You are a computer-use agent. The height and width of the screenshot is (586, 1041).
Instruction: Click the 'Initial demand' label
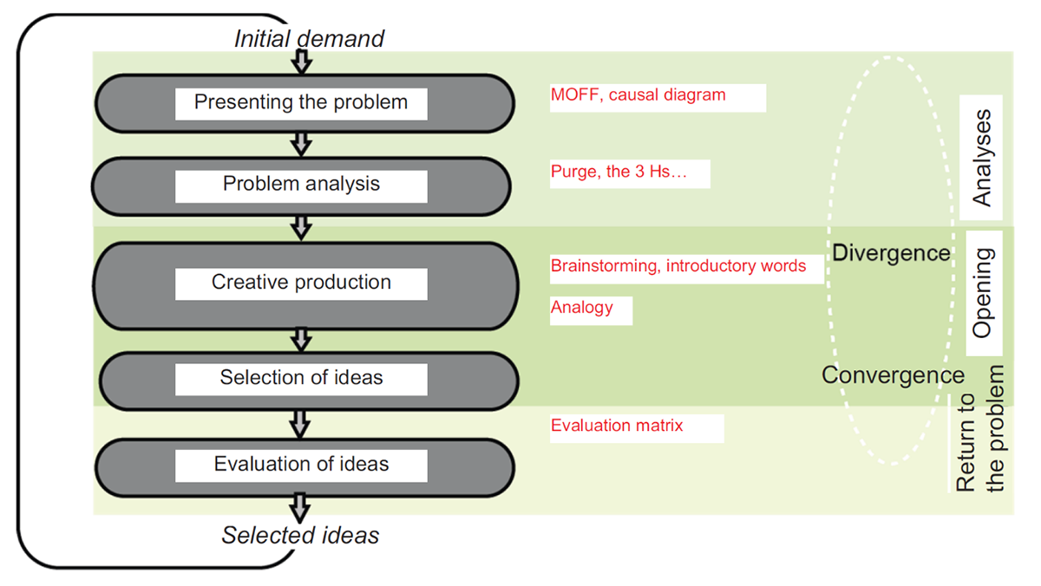coord(309,39)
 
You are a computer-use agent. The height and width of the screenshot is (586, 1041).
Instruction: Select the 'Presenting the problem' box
coord(301,102)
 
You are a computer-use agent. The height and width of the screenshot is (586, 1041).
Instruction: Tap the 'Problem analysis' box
coord(301,184)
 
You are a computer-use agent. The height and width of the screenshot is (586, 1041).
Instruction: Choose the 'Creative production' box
coord(301,283)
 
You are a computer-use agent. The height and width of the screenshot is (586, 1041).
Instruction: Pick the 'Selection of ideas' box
coord(301,378)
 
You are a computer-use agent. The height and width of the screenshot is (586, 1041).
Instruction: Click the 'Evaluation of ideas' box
coord(301,465)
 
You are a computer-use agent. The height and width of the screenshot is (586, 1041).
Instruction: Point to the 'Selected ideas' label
coord(300,536)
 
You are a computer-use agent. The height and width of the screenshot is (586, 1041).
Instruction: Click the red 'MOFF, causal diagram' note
coord(638,95)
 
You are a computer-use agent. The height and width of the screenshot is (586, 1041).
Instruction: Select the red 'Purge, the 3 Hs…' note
coord(619,172)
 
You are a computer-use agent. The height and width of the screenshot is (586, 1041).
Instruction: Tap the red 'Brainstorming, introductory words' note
coord(678,266)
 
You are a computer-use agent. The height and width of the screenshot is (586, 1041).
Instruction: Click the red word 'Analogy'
coord(581,308)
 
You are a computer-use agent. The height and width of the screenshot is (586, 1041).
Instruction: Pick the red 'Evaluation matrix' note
coord(617,426)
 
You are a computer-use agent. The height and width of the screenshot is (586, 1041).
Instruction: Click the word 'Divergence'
coord(891,253)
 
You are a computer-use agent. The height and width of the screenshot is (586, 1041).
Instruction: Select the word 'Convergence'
coord(893,375)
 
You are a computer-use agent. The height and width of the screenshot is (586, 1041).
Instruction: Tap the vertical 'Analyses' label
coord(982,158)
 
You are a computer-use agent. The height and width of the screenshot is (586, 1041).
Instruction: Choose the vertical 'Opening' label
coord(983,293)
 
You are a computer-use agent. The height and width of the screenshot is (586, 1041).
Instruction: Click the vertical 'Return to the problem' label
coord(980,429)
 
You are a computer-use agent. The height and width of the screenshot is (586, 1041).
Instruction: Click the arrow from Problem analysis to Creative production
coord(301,228)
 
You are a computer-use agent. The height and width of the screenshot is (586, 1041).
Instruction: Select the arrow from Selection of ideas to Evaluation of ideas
coord(301,423)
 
